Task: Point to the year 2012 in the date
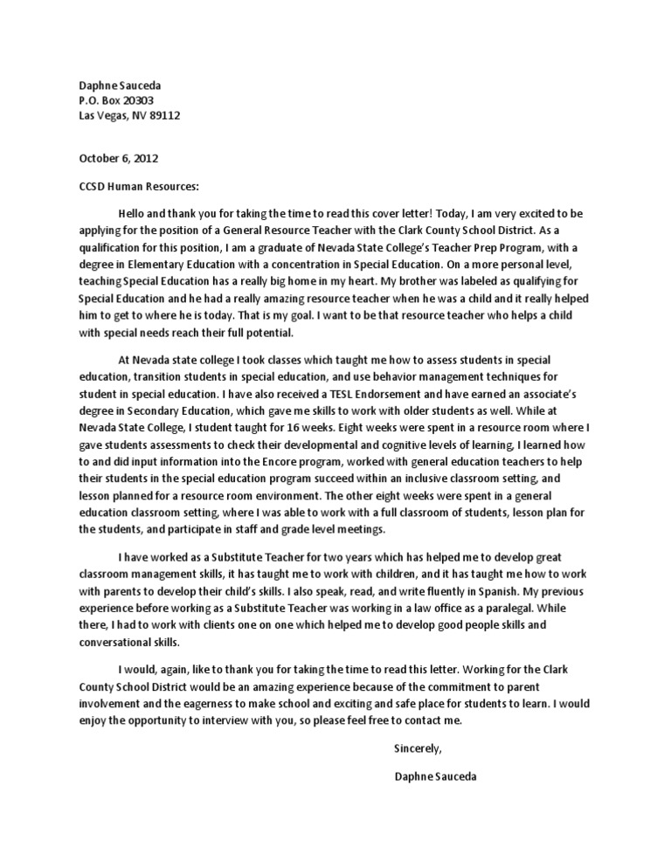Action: (145, 159)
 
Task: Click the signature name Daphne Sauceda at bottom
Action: (436, 776)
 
